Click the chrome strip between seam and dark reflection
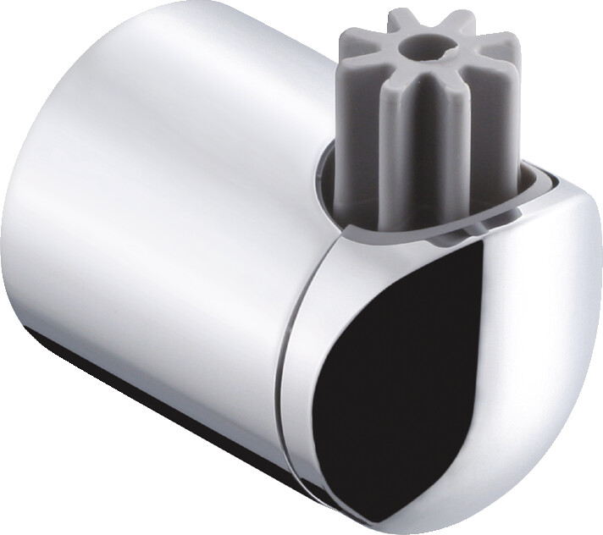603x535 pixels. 315,356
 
